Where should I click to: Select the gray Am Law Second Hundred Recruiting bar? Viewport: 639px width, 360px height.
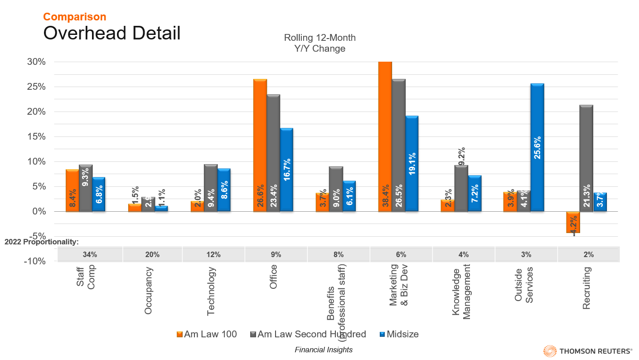pyautogui.click(x=586, y=158)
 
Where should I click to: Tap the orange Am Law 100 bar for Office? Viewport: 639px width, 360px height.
pyautogui.click(x=260, y=145)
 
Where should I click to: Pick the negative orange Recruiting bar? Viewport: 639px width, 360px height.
pyautogui.click(x=573, y=222)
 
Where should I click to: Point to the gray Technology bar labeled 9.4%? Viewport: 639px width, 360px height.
pyautogui.click(x=211, y=188)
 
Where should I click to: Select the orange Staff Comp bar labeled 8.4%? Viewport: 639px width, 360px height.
pyautogui.click(x=73, y=190)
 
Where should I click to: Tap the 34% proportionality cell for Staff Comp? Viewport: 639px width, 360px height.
pyautogui.click(x=90, y=254)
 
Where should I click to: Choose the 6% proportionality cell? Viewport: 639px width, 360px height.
pyautogui.click(x=401, y=254)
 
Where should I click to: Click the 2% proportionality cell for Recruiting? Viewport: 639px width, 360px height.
pyautogui.click(x=589, y=254)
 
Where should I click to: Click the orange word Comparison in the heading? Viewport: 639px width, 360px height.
pyautogui.click(x=75, y=17)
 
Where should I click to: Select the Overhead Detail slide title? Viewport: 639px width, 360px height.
pyautogui.click(x=111, y=34)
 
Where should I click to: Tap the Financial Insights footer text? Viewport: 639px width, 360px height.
pyautogui.click(x=323, y=350)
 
